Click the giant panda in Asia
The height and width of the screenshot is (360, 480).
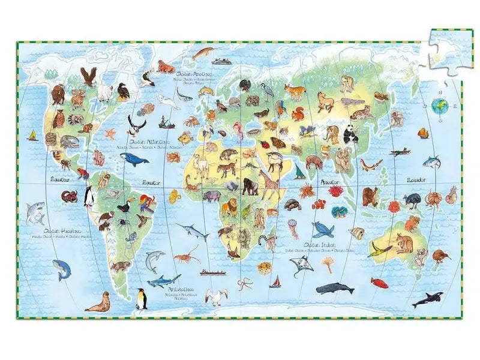click(350, 136)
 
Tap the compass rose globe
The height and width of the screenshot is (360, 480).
click(440, 107)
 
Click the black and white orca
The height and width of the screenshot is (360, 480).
click(427, 298)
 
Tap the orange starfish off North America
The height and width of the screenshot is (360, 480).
click(110, 133)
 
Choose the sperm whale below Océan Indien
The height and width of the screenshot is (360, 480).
click(335, 288)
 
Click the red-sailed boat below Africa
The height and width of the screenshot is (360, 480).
click(275, 281)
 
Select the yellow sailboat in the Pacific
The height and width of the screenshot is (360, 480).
click(32, 135)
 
